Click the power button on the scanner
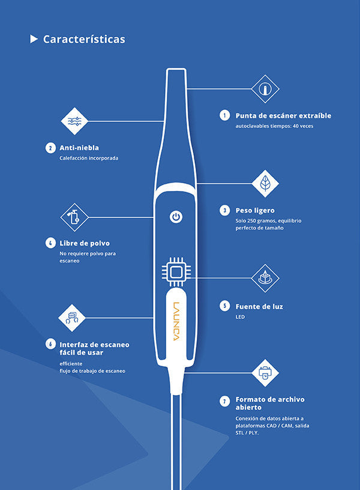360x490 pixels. (176, 217)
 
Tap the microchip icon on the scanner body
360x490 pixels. (176, 272)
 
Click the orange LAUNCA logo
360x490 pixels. (176, 321)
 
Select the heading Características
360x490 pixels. (84, 39)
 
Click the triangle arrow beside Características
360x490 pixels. (34, 39)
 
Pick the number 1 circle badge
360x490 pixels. (224, 115)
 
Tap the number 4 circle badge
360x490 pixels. (50, 243)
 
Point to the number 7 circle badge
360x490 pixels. (224, 401)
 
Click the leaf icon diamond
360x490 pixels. (265, 183)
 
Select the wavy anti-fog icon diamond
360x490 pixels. (74, 121)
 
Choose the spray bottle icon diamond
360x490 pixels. (74, 217)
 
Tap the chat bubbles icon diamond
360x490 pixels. (72, 318)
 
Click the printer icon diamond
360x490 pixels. (265, 373)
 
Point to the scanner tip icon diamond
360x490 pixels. (265, 89)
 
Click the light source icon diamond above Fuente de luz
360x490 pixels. (265, 278)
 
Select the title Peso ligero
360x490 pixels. (255, 211)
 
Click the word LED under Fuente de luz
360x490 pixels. (240, 317)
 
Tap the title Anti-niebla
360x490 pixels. (79, 148)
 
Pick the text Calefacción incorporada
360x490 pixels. (89, 158)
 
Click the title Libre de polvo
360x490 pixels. (85, 243)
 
